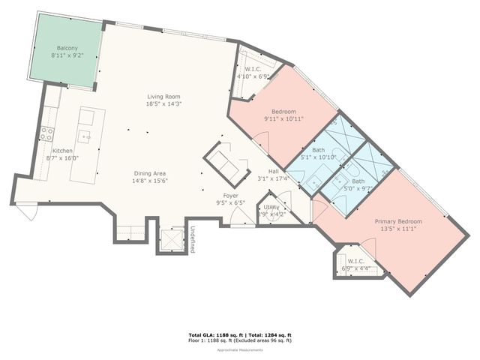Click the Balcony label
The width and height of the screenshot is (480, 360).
click(65, 47)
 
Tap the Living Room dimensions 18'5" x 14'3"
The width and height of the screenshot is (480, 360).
click(164, 103)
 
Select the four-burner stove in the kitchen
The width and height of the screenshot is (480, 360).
click(46, 133)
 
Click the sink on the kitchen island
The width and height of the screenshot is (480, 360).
click(86, 137)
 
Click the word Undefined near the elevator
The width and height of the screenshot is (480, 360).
click(192, 238)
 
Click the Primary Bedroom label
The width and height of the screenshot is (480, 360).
click(398, 221)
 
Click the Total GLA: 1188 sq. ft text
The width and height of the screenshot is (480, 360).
click(213, 334)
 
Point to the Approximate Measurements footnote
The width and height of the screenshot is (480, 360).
click(239, 350)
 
